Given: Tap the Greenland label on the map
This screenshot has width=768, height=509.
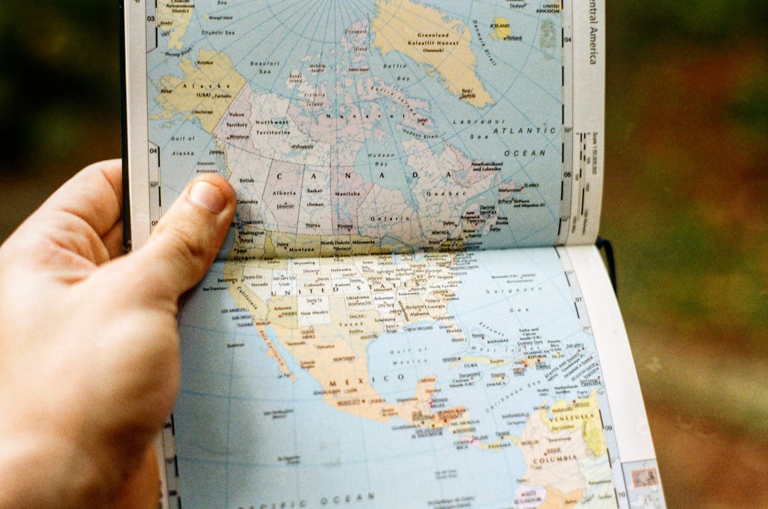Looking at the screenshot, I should pyautogui.click(x=434, y=35).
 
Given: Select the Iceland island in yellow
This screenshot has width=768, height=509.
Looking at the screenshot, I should pyautogui.click(x=502, y=28).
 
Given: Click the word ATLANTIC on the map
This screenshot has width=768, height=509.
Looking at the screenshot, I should pyautogui.click(x=525, y=131).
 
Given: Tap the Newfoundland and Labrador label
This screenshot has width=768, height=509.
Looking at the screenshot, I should pyautogui.click(x=487, y=167).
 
